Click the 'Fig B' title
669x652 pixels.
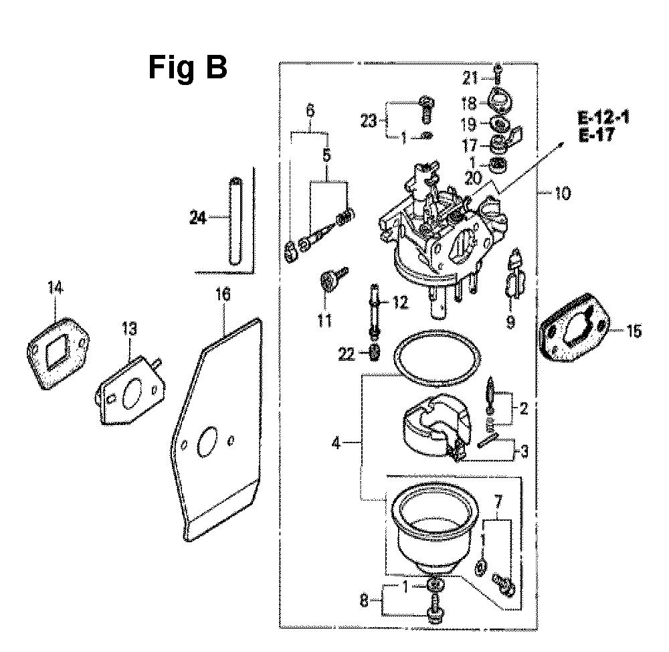click(187, 68)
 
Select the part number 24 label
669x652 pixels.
click(197, 218)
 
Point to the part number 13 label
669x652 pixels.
click(128, 329)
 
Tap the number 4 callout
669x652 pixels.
click(339, 442)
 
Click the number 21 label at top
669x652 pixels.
click(470, 78)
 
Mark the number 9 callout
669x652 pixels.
click(510, 322)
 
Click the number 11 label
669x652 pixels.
click(325, 322)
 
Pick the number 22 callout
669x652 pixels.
click(347, 354)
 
